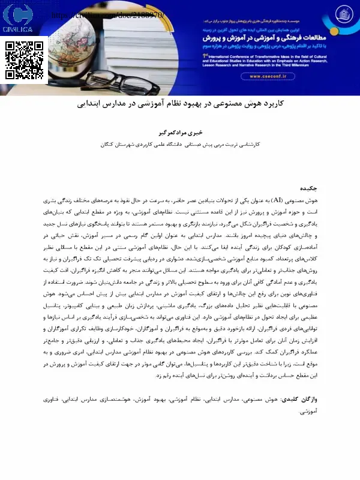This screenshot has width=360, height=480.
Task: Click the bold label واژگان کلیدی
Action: tap(317, 398)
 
